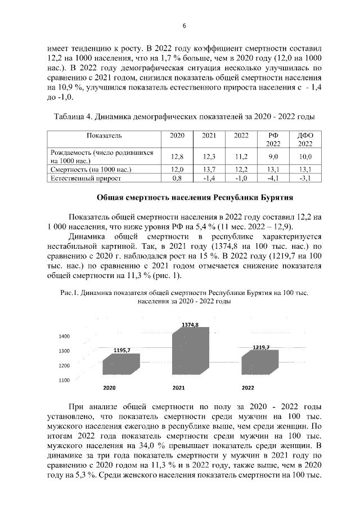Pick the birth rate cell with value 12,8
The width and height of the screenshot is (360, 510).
click(x=177, y=156)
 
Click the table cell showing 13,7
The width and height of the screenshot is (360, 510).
click(x=209, y=169)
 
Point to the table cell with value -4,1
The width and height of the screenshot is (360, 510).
click(x=273, y=178)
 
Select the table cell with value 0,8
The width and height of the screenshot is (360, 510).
click(x=177, y=178)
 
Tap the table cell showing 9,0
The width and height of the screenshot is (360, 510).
click(x=273, y=156)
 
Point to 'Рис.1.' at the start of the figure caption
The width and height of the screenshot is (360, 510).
click(x=70, y=293)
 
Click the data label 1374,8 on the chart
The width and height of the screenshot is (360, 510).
click(x=190, y=325)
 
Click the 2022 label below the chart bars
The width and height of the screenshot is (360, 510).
click(x=247, y=388)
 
